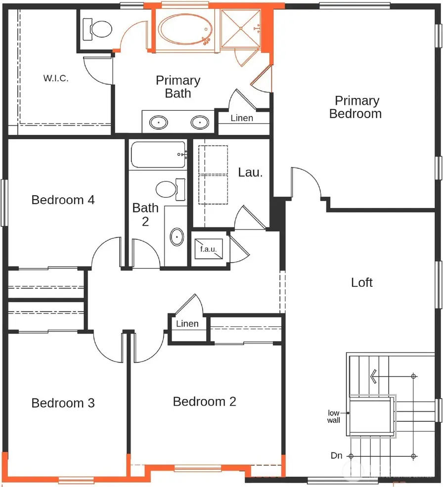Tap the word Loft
362,282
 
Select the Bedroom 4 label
63,200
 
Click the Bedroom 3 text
63,403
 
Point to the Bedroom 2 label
204,401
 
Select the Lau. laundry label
250,173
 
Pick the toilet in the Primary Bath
97,30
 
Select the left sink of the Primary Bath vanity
159,122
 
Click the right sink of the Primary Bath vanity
200,122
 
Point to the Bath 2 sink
177,237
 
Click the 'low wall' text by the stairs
334,416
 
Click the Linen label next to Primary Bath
242,118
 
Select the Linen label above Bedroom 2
187,324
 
